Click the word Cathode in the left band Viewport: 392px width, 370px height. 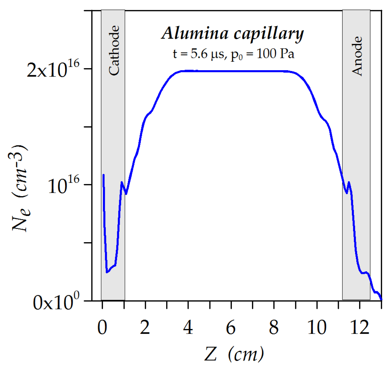click(x=114, y=50)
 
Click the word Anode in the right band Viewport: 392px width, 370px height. click(x=357, y=56)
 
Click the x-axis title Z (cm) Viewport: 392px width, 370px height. click(x=234, y=354)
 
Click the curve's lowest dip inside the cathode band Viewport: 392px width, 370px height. click(x=107, y=272)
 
